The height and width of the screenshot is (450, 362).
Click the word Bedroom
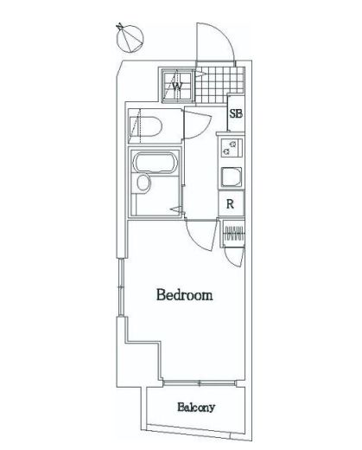184,296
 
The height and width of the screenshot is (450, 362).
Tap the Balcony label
196,408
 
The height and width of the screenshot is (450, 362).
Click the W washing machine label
176,86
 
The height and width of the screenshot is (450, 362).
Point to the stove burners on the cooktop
231,148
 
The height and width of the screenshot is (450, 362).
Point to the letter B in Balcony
181,408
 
